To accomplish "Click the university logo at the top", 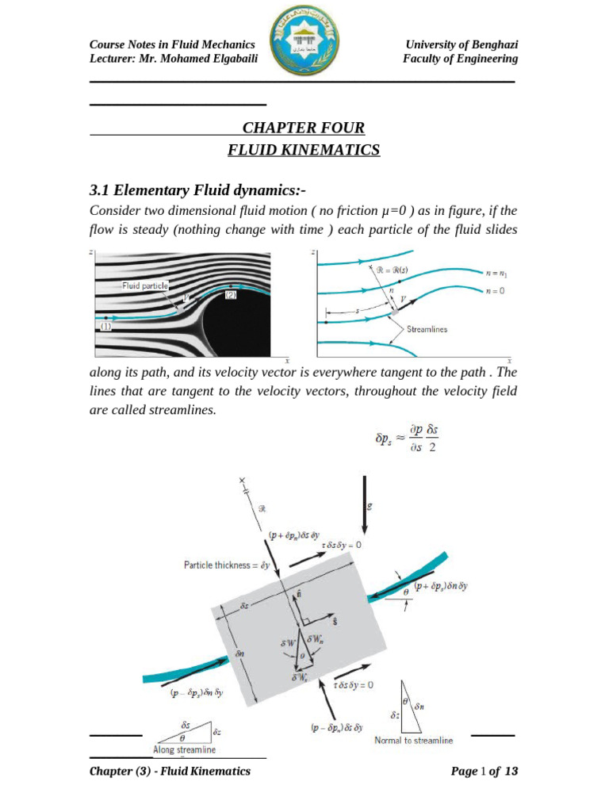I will pyautogui.click(x=304, y=46).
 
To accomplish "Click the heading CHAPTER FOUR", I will pyautogui.click(x=304, y=128).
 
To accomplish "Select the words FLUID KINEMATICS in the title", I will pyautogui.click(x=304, y=150).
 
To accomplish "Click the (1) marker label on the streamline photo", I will pyautogui.click(x=105, y=326).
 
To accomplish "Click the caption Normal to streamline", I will pyautogui.click(x=414, y=741).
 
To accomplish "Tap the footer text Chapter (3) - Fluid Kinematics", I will pyautogui.click(x=170, y=771).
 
